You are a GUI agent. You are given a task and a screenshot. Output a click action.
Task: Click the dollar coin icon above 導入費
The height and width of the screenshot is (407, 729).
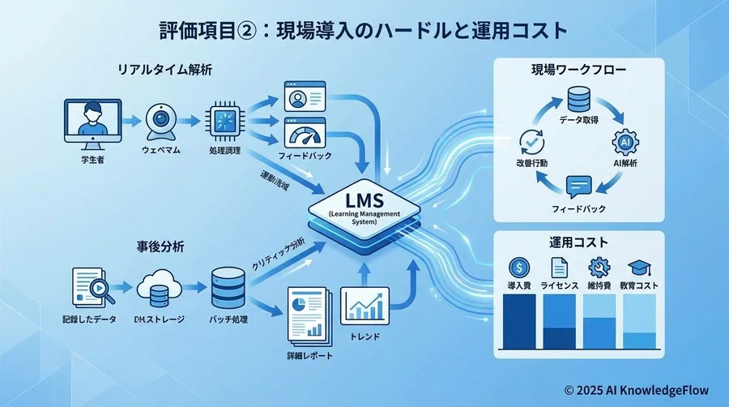[x=518, y=267]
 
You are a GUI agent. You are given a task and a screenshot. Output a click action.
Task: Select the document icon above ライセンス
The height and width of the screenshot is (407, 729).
[x=558, y=267]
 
